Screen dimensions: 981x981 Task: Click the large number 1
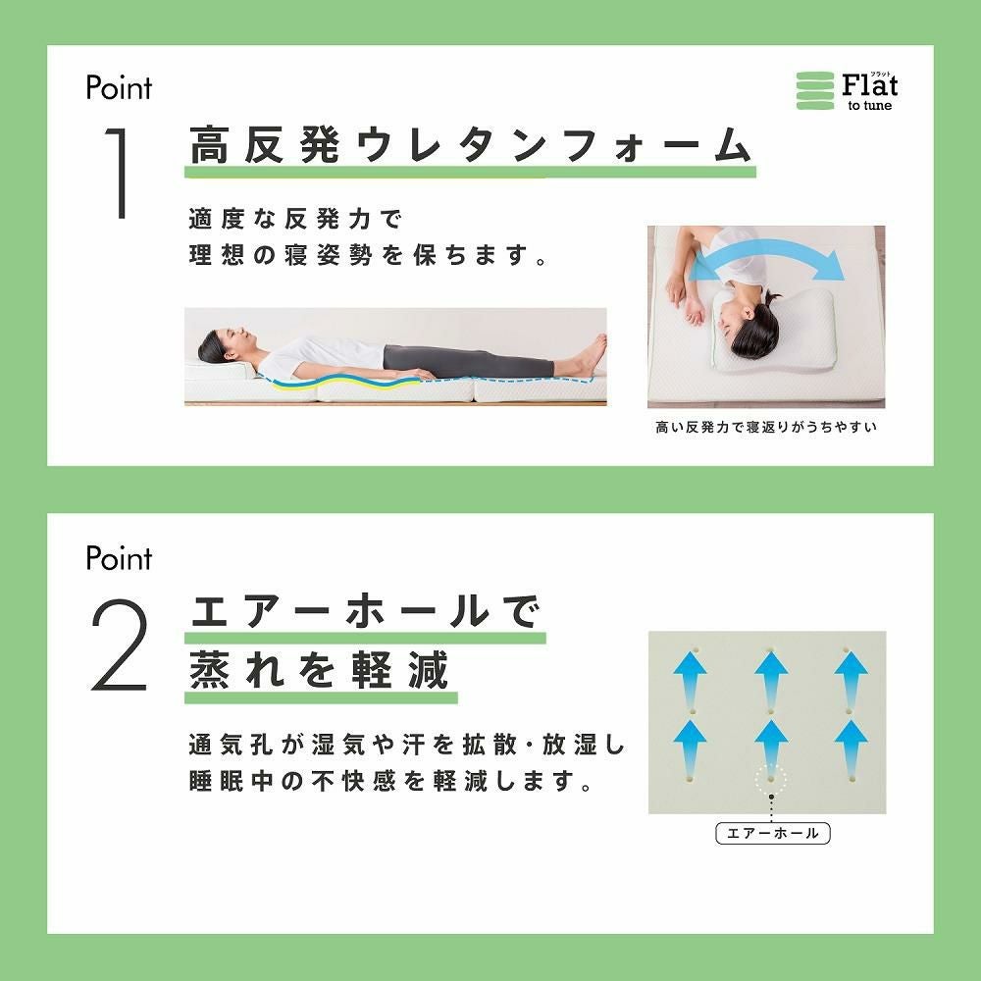[x=119, y=173]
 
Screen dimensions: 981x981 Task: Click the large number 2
[x=120, y=645]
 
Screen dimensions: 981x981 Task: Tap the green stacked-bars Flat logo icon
[x=814, y=90]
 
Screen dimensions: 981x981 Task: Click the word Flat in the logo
[x=869, y=85]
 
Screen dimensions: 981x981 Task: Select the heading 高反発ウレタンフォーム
[x=470, y=145]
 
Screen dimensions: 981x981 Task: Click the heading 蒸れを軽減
[x=319, y=669]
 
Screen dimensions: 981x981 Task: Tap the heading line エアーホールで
[x=364, y=611]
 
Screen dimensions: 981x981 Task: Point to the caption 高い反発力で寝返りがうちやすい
[x=766, y=428]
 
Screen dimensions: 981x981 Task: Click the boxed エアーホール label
[x=773, y=833]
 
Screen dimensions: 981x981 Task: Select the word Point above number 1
[x=119, y=87]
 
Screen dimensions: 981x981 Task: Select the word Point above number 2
[x=119, y=558]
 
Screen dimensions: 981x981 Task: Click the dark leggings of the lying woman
[x=469, y=362]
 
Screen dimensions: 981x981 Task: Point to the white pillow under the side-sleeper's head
[x=776, y=332]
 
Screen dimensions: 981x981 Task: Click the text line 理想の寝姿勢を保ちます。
[x=369, y=255]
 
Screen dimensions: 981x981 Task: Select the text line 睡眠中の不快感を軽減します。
[x=391, y=782]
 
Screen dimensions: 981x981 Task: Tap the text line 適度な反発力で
[x=295, y=219]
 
